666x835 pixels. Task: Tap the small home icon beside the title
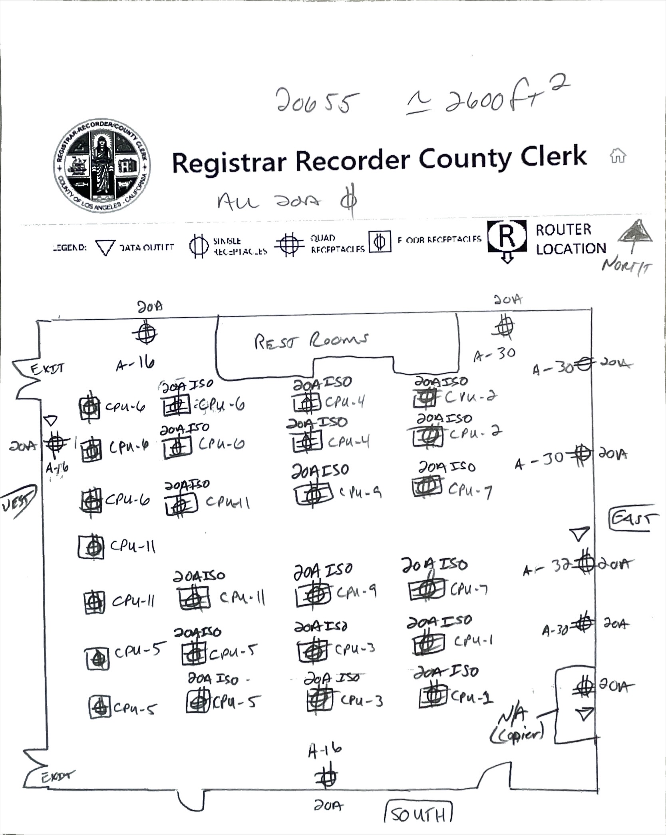point(617,156)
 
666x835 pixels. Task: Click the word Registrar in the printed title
point(229,162)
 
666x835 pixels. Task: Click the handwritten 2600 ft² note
point(487,98)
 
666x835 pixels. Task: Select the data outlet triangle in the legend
point(105,248)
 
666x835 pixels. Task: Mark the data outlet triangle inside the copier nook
point(584,714)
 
